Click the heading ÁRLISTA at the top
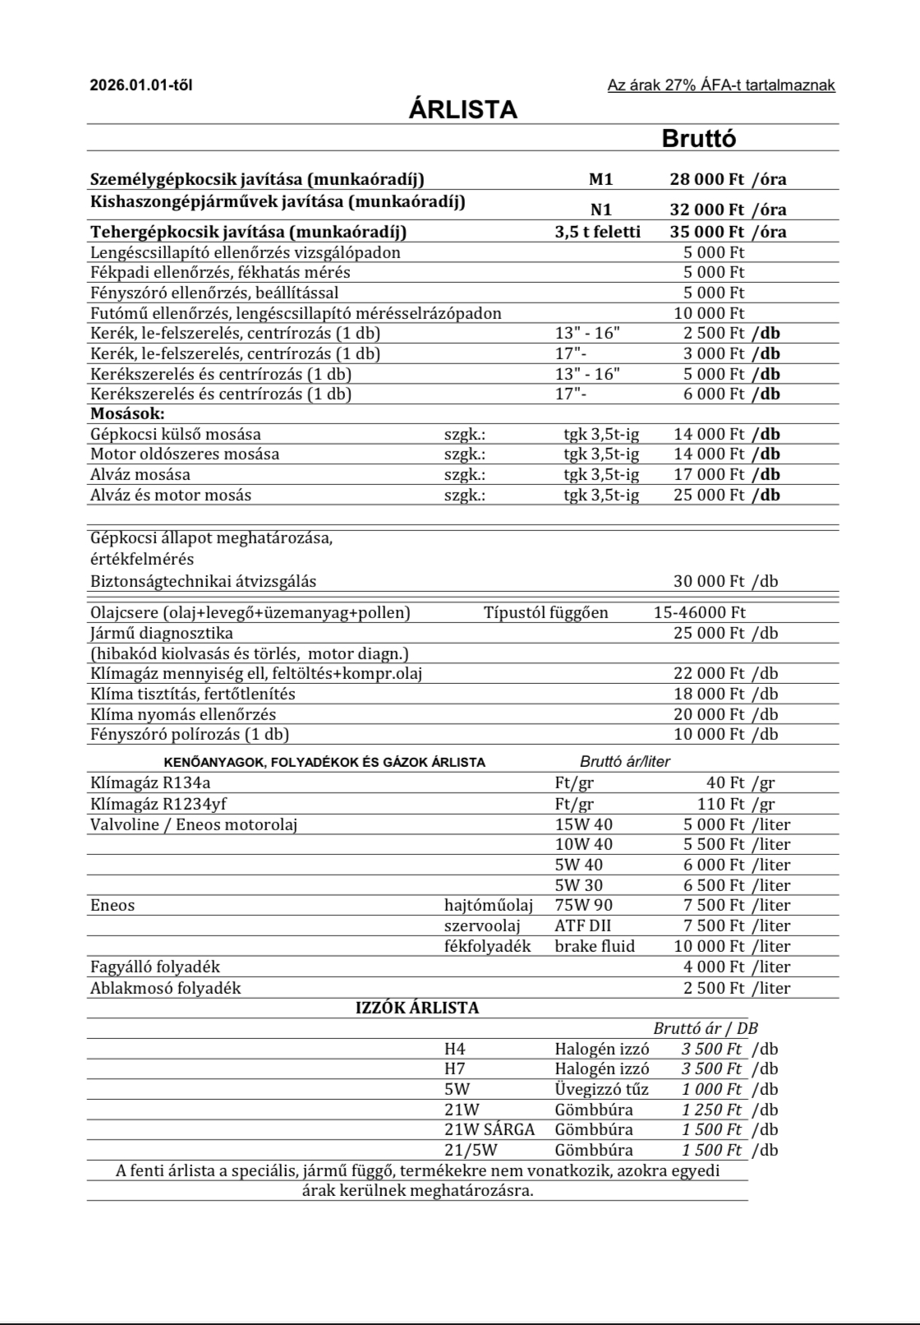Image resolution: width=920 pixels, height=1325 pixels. click(462, 110)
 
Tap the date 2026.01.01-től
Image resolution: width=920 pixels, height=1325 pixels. click(140, 85)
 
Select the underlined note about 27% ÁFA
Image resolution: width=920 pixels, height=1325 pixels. click(720, 85)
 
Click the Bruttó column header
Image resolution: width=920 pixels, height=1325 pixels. click(698, 139)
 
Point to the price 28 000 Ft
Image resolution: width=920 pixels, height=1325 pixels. click(707, 180)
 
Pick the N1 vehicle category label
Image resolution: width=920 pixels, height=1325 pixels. click(601, 210)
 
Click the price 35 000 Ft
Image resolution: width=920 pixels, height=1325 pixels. click(707, 232)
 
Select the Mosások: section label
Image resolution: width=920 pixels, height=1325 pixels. click(127, 414)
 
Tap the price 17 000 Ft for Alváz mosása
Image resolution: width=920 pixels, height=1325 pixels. click(709, 475)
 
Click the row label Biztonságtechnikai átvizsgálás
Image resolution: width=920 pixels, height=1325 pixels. click(203, 582)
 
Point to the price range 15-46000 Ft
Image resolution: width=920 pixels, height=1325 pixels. click(700, 613)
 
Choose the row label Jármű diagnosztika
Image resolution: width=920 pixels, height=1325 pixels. click(162, 634)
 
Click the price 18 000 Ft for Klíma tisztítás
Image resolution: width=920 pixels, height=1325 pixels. click(709, 695)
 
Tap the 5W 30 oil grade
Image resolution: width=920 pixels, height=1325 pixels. click(578, 886)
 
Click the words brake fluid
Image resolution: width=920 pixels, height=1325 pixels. click(595, 947)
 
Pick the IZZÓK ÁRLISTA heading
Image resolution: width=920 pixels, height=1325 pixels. click(417, 1009)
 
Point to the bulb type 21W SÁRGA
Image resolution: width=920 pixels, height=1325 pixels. click(490, 1130)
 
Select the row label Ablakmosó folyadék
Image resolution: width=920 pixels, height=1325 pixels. click(166, 989)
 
